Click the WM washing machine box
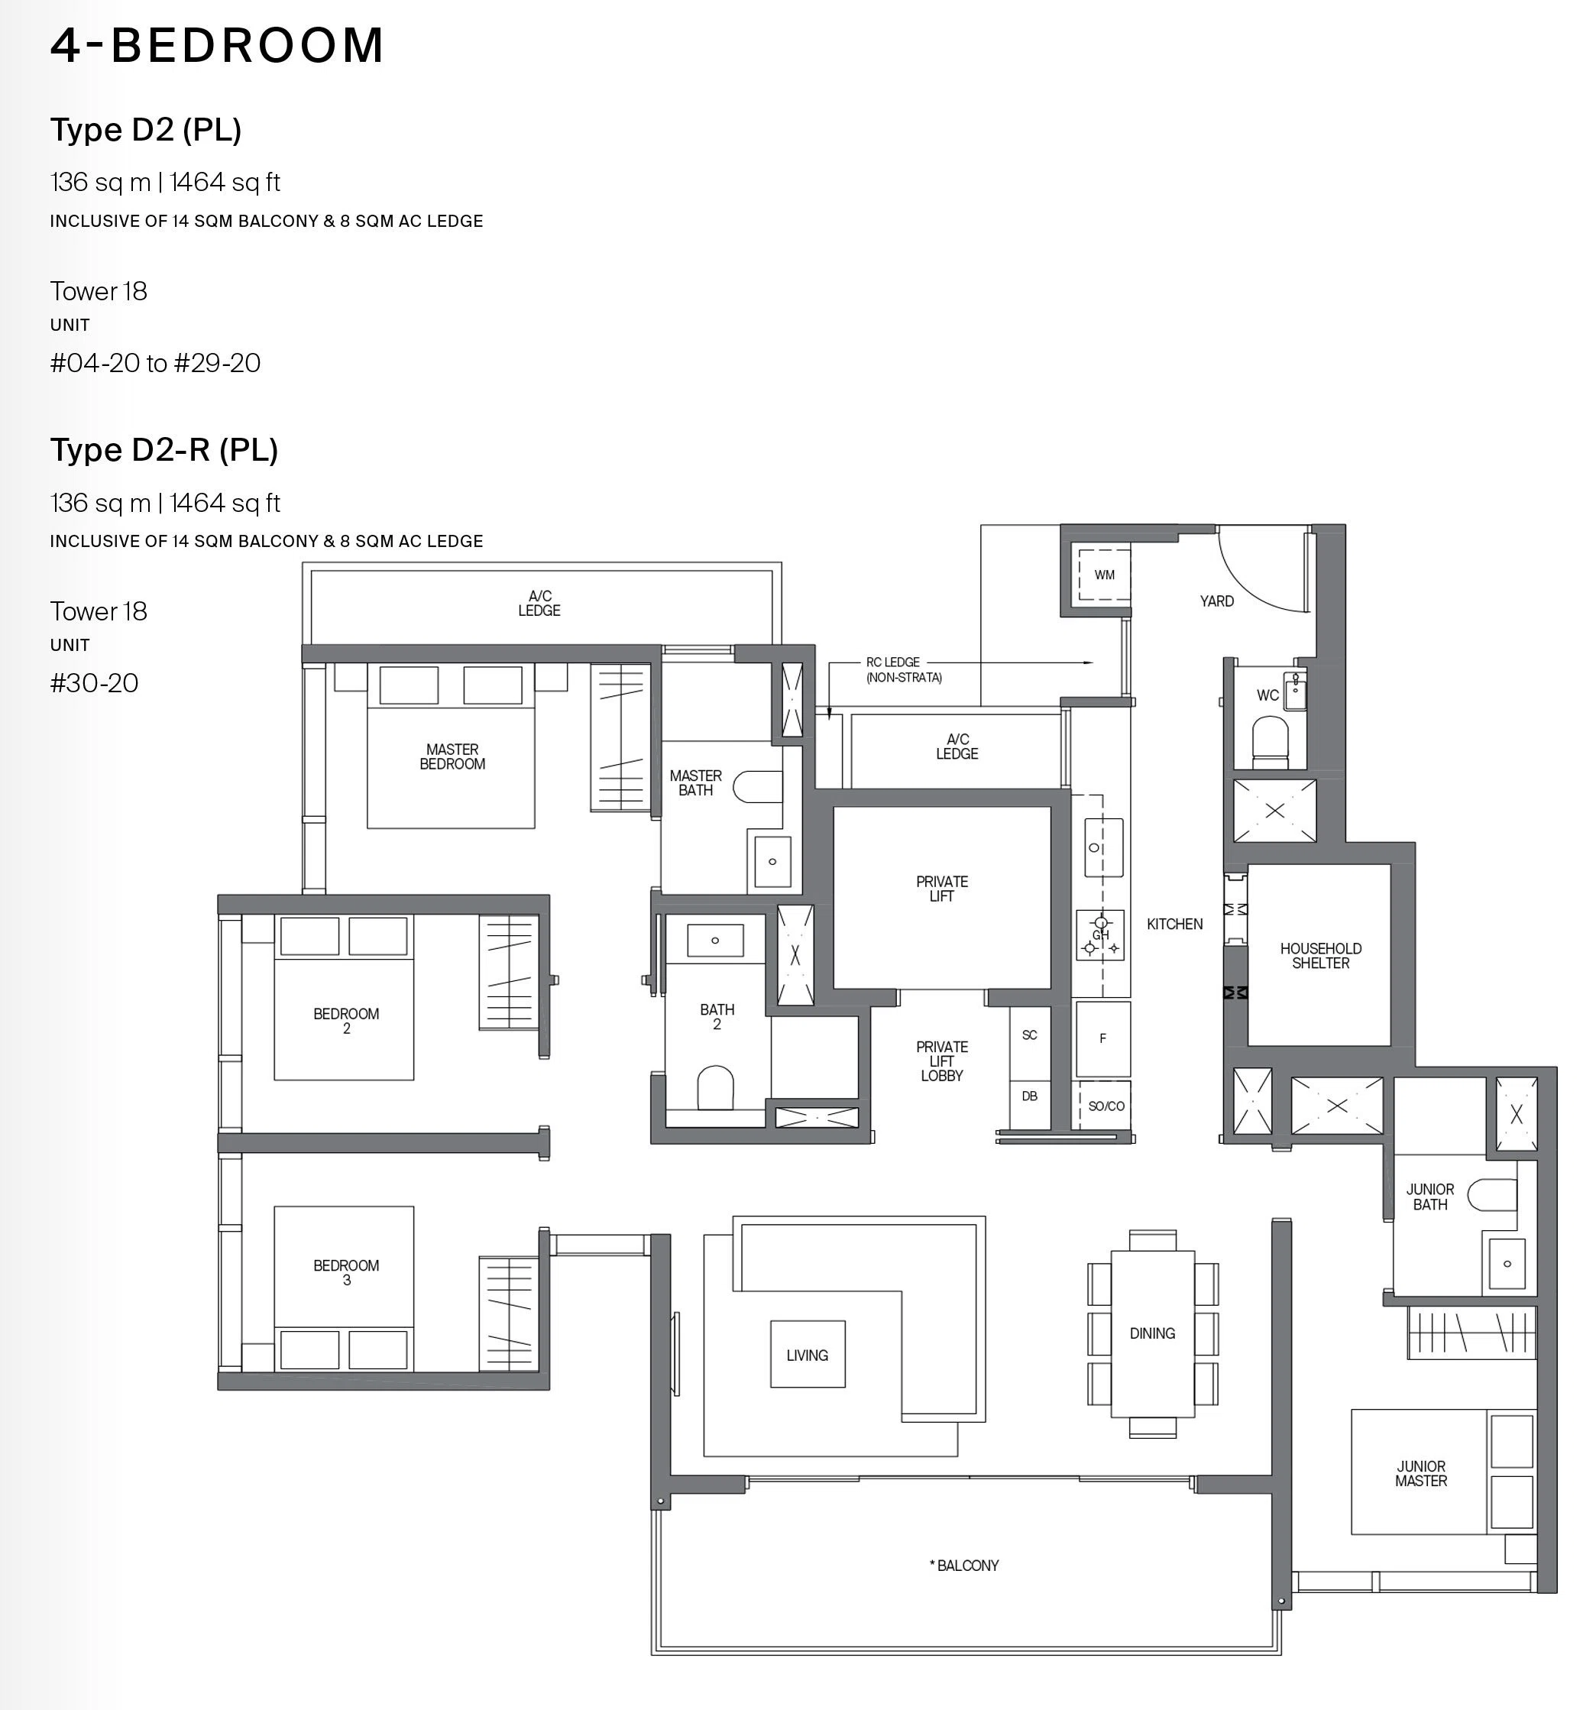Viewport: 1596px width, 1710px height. (x=1104, y=575)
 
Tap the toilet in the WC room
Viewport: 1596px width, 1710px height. (x=1270, y=741)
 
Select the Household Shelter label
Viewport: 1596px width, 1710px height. (x=1320, y=956)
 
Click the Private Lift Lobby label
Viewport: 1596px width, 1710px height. (x=941, y=1061)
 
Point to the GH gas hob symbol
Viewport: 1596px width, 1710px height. (x=1100, y=935)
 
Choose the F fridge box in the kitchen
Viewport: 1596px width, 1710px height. (x=1102, y=1038)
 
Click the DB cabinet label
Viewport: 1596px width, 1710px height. (x=1029, y=1096)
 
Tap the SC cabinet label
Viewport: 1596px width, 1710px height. (x=1029, y=1035)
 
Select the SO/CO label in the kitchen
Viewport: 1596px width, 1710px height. (x=1106, y=1106)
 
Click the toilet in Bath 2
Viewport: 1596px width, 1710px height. (x=714, y=1088)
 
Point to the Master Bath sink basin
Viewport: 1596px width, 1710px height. (x=772, y=861)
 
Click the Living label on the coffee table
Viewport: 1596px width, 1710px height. (x=807, y=1355)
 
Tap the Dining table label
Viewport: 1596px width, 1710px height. (x=1152, y=1333)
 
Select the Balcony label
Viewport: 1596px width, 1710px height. (x=964, y=1566)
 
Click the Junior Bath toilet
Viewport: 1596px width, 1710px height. (x=1491, y=1195)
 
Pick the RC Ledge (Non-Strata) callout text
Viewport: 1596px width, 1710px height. (x=904, y=669)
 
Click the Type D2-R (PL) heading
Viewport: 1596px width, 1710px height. (x=164, y=450)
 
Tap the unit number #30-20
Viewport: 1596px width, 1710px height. (x=94, y=683)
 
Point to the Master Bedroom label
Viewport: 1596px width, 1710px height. (x=452, y=757)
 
